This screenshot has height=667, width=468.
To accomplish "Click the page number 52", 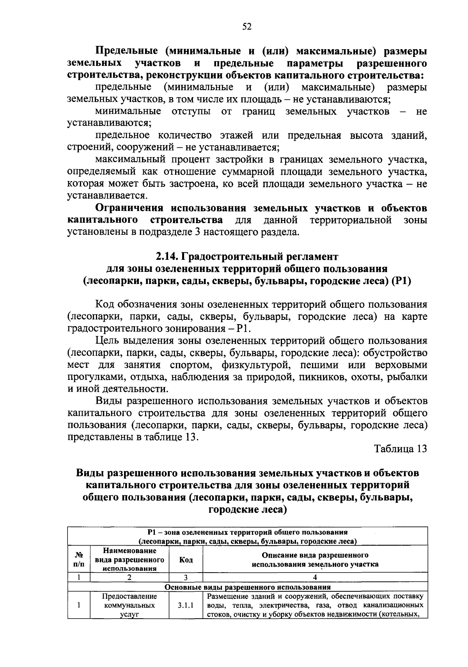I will [247, 26].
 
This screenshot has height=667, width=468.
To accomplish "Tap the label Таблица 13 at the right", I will [401, 449].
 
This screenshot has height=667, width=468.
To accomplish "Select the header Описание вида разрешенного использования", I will [315, 559].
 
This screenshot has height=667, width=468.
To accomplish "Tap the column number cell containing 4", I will [315, 578].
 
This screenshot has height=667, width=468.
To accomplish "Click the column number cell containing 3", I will [186, 578].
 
